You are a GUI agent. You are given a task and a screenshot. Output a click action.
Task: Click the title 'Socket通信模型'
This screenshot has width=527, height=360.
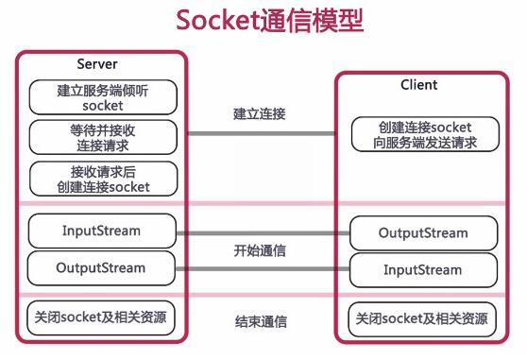click(x=263, y=21)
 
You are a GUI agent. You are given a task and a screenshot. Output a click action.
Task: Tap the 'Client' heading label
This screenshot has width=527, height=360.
click(x=418, y=84)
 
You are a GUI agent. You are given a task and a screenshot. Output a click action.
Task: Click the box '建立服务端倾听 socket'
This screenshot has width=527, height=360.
click(x=103, y=97)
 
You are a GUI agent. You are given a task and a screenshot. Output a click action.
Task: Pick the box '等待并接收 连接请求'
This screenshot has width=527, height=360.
click(x=103, y=136)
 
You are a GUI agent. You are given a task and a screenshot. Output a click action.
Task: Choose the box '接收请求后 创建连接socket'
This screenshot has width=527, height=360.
click(x=103, y=178)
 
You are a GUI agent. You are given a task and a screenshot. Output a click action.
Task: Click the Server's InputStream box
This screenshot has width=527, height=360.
click(x=103, y=231)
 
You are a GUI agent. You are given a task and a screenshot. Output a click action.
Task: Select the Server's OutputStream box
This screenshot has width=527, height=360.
click(x=103, y=268)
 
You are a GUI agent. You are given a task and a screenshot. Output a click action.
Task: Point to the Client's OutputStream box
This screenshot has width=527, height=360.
click(x=422, y=232)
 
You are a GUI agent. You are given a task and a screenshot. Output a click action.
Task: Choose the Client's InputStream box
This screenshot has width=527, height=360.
click(x=422, y=270)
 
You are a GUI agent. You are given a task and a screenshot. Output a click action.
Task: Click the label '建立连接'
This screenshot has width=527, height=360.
click(x=260, y=113)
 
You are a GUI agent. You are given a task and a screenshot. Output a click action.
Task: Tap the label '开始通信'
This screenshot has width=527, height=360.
click(x=260, y=251)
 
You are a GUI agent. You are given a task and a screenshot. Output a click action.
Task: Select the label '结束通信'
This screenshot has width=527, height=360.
click(x=260, y=320)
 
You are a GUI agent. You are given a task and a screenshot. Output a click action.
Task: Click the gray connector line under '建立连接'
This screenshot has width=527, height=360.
click(x=260, y=133)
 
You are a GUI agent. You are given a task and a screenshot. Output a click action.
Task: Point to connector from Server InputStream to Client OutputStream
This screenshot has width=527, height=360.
click(x=260, y=231)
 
